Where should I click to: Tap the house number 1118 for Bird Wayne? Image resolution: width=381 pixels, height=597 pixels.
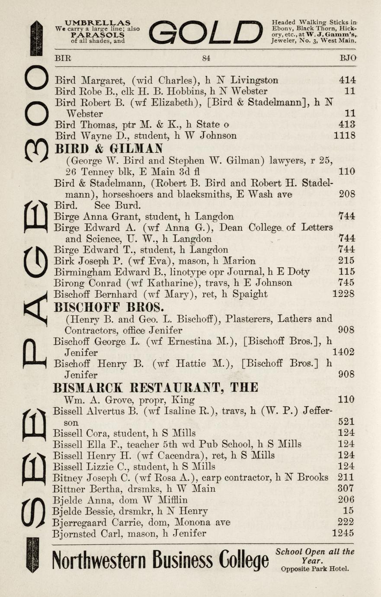point(345,136)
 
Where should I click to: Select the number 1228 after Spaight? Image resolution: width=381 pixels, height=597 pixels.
point(343,294)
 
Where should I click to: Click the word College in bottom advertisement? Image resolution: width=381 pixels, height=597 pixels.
point(244,561)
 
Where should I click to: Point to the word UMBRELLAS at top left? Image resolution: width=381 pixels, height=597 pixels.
point(97,22)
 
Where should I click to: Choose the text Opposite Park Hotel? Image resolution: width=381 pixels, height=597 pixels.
point(314,568)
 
